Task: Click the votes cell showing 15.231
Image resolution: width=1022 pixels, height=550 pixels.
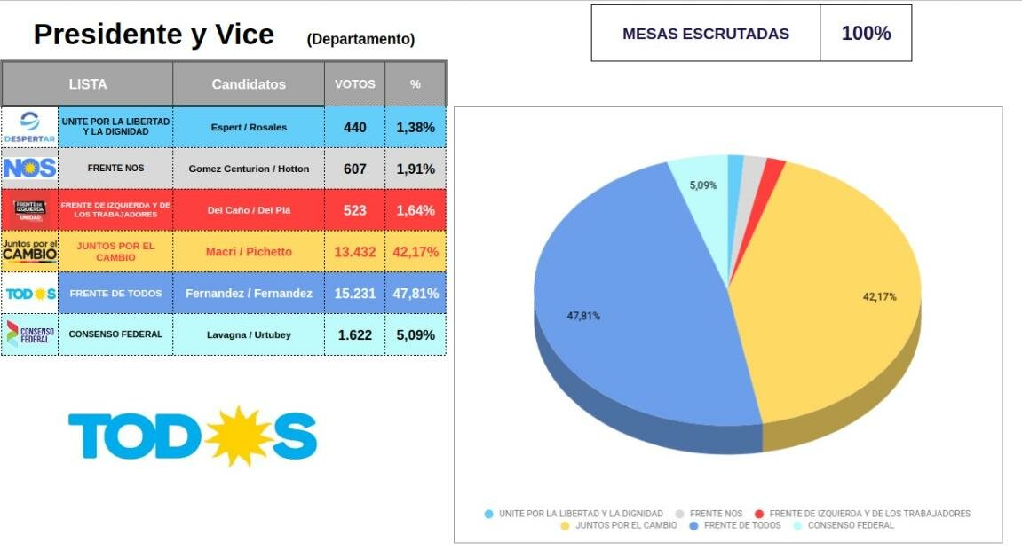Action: coord(354,294)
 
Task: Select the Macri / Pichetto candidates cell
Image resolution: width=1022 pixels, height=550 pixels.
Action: coord(249,252)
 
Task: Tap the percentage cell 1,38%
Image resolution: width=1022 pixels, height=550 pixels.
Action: coord(416,128)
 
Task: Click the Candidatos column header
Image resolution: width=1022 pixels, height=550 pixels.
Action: coord(249,84)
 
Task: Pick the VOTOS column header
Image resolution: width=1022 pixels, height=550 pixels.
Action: coord(354,84)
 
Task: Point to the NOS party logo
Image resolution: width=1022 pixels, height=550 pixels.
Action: coord(29,169)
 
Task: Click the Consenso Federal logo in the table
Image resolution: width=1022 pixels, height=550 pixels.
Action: coord(30,334)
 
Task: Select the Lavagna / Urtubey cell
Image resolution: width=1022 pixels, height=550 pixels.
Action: coord(249,334)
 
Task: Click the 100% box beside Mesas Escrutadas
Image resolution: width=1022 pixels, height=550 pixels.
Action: coord(866,33)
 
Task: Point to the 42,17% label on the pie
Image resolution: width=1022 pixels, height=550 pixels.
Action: coord(879,297)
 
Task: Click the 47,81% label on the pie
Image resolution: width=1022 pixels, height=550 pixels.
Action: coord(583,317)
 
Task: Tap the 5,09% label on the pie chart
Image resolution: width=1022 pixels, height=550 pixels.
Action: coord(702,185)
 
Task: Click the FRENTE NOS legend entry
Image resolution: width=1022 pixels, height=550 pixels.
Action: coord(709,514)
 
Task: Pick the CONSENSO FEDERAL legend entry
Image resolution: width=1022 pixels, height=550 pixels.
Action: coord(844,525)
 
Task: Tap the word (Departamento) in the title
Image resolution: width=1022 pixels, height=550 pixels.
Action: coord(360,40)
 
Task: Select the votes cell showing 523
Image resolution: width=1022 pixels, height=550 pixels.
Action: coord(354,210)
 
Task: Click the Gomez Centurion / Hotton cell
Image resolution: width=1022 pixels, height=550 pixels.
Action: coord(249,169)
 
